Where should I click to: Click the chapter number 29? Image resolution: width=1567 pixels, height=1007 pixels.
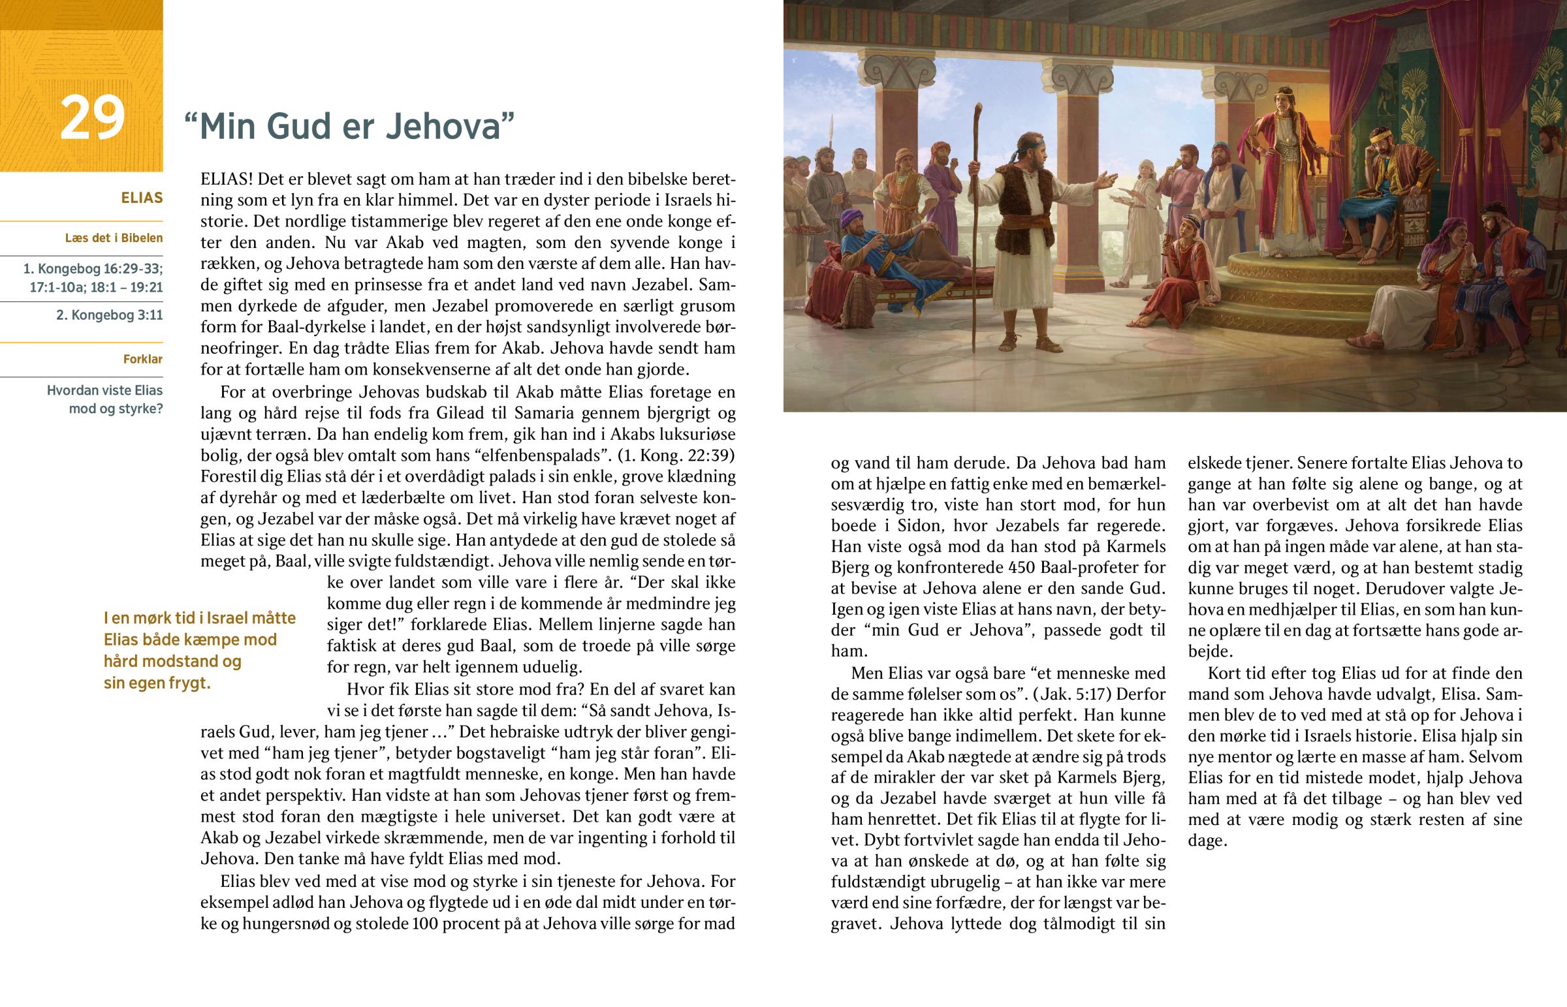click(91, 118)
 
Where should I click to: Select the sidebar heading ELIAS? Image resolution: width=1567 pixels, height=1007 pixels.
click(141, 198)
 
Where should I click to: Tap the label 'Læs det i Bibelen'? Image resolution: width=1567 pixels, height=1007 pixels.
click(114, 238)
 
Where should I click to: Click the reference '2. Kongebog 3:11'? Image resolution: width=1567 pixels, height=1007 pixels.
click(109, 315)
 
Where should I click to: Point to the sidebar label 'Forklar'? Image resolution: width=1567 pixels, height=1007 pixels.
click(142, 359)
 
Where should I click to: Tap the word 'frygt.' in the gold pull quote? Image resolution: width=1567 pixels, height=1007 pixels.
click(188, 683)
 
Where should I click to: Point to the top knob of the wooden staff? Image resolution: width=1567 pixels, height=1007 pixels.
click(979, 107)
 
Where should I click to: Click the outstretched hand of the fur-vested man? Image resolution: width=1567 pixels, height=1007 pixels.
click(1106, 179)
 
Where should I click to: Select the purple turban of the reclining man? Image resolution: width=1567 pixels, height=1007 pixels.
click(850, 217)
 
